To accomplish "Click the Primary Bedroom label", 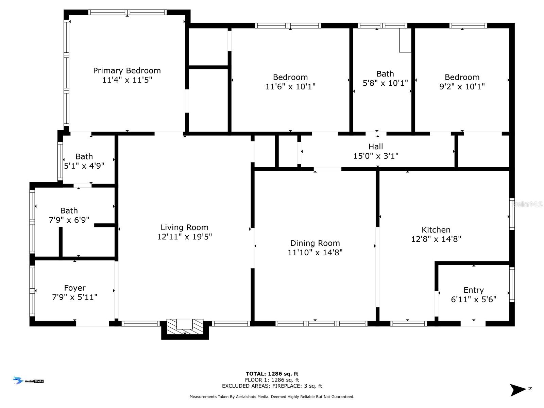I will [127, 71].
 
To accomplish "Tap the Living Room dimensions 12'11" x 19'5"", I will [184, 237].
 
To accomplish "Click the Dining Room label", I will [315, 243].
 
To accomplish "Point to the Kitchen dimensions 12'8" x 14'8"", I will [436, 239].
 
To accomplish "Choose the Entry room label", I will [473, 290].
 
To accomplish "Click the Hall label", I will [375, 147].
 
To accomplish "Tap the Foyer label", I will [75, 288].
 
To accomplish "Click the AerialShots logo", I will [28, 380].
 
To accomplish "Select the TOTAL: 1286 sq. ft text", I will [272, 374].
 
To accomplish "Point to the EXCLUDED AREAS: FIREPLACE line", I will [272, 386].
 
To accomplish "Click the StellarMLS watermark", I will [527, 204].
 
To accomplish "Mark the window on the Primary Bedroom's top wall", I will [127, 12].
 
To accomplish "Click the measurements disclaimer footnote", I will [272, 397].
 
